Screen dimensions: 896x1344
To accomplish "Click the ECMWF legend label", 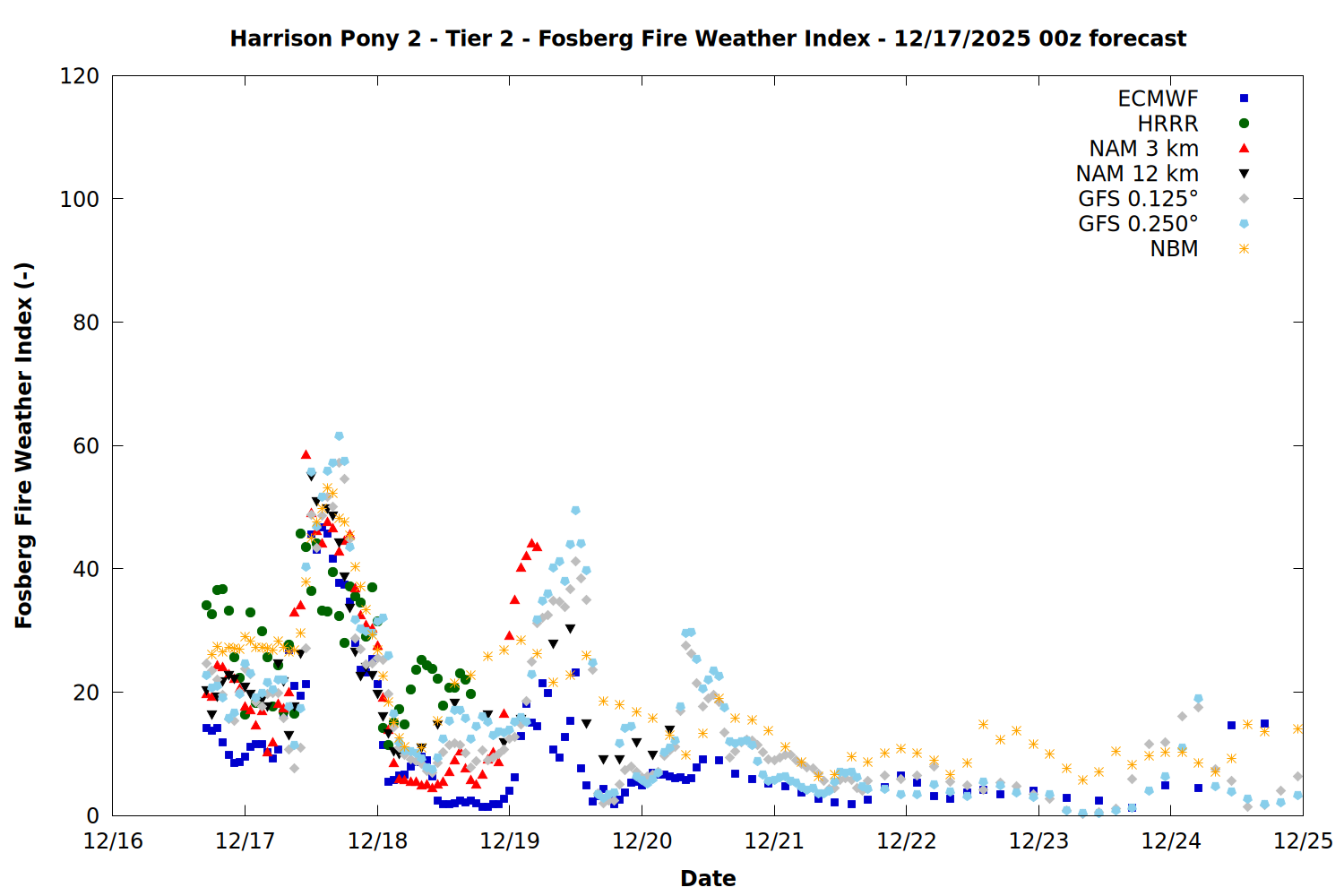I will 1158,99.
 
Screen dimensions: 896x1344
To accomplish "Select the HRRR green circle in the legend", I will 1244,124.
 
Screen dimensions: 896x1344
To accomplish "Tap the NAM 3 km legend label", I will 1143,149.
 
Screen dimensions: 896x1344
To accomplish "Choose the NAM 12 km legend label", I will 1137,174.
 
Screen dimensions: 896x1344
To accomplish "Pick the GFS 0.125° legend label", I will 1138,199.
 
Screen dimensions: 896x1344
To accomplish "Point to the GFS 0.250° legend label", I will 1138,224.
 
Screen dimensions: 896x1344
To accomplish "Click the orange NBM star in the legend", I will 1244,249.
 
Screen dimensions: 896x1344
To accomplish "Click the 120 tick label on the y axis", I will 80,76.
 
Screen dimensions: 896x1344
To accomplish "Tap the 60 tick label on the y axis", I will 86,446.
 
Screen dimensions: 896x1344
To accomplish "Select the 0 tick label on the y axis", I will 93,816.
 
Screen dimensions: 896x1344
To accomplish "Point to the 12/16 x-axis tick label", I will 113,841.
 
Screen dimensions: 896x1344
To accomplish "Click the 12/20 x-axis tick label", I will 642,841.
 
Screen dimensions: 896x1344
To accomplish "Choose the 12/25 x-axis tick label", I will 1303,841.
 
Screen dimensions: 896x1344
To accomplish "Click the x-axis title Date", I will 708,878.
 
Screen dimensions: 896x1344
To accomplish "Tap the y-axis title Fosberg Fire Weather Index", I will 23,445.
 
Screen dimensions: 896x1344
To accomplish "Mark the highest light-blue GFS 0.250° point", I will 339,436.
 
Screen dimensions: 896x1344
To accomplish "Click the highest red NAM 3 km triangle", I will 306,455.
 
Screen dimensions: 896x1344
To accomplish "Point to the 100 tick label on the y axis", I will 80,199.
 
